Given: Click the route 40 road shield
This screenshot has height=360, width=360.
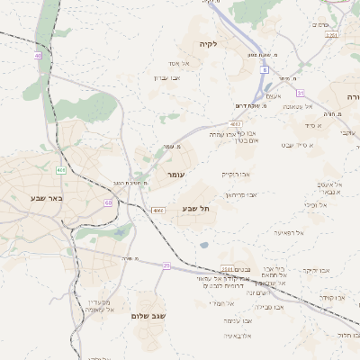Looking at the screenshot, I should (x=38, y=56).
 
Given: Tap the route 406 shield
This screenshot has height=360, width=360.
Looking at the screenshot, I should (x=60, y=170).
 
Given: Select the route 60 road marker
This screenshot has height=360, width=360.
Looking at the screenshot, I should (x=108, y=202).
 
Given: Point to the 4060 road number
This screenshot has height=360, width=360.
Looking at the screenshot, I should (x=157, y=210).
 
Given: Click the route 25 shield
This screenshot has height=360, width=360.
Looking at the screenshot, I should (x=166, y=265).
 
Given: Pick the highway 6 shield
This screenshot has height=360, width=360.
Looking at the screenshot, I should (x=265, y=68).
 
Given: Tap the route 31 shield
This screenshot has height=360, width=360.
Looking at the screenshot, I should (x=301, y=92).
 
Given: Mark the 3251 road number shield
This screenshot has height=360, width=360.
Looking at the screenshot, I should (x=332, y=35).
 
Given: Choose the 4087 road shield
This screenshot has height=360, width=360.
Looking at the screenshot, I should (x=236, y=123).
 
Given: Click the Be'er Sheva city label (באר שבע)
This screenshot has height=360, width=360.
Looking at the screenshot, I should (x=45, y=197).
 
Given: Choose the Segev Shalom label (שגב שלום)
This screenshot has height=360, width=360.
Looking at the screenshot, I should (x=153, y=316).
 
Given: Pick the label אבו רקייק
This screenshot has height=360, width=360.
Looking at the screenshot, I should (x=236, y=174).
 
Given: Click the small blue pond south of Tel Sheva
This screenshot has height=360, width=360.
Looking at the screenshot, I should (x=204, y=244).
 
